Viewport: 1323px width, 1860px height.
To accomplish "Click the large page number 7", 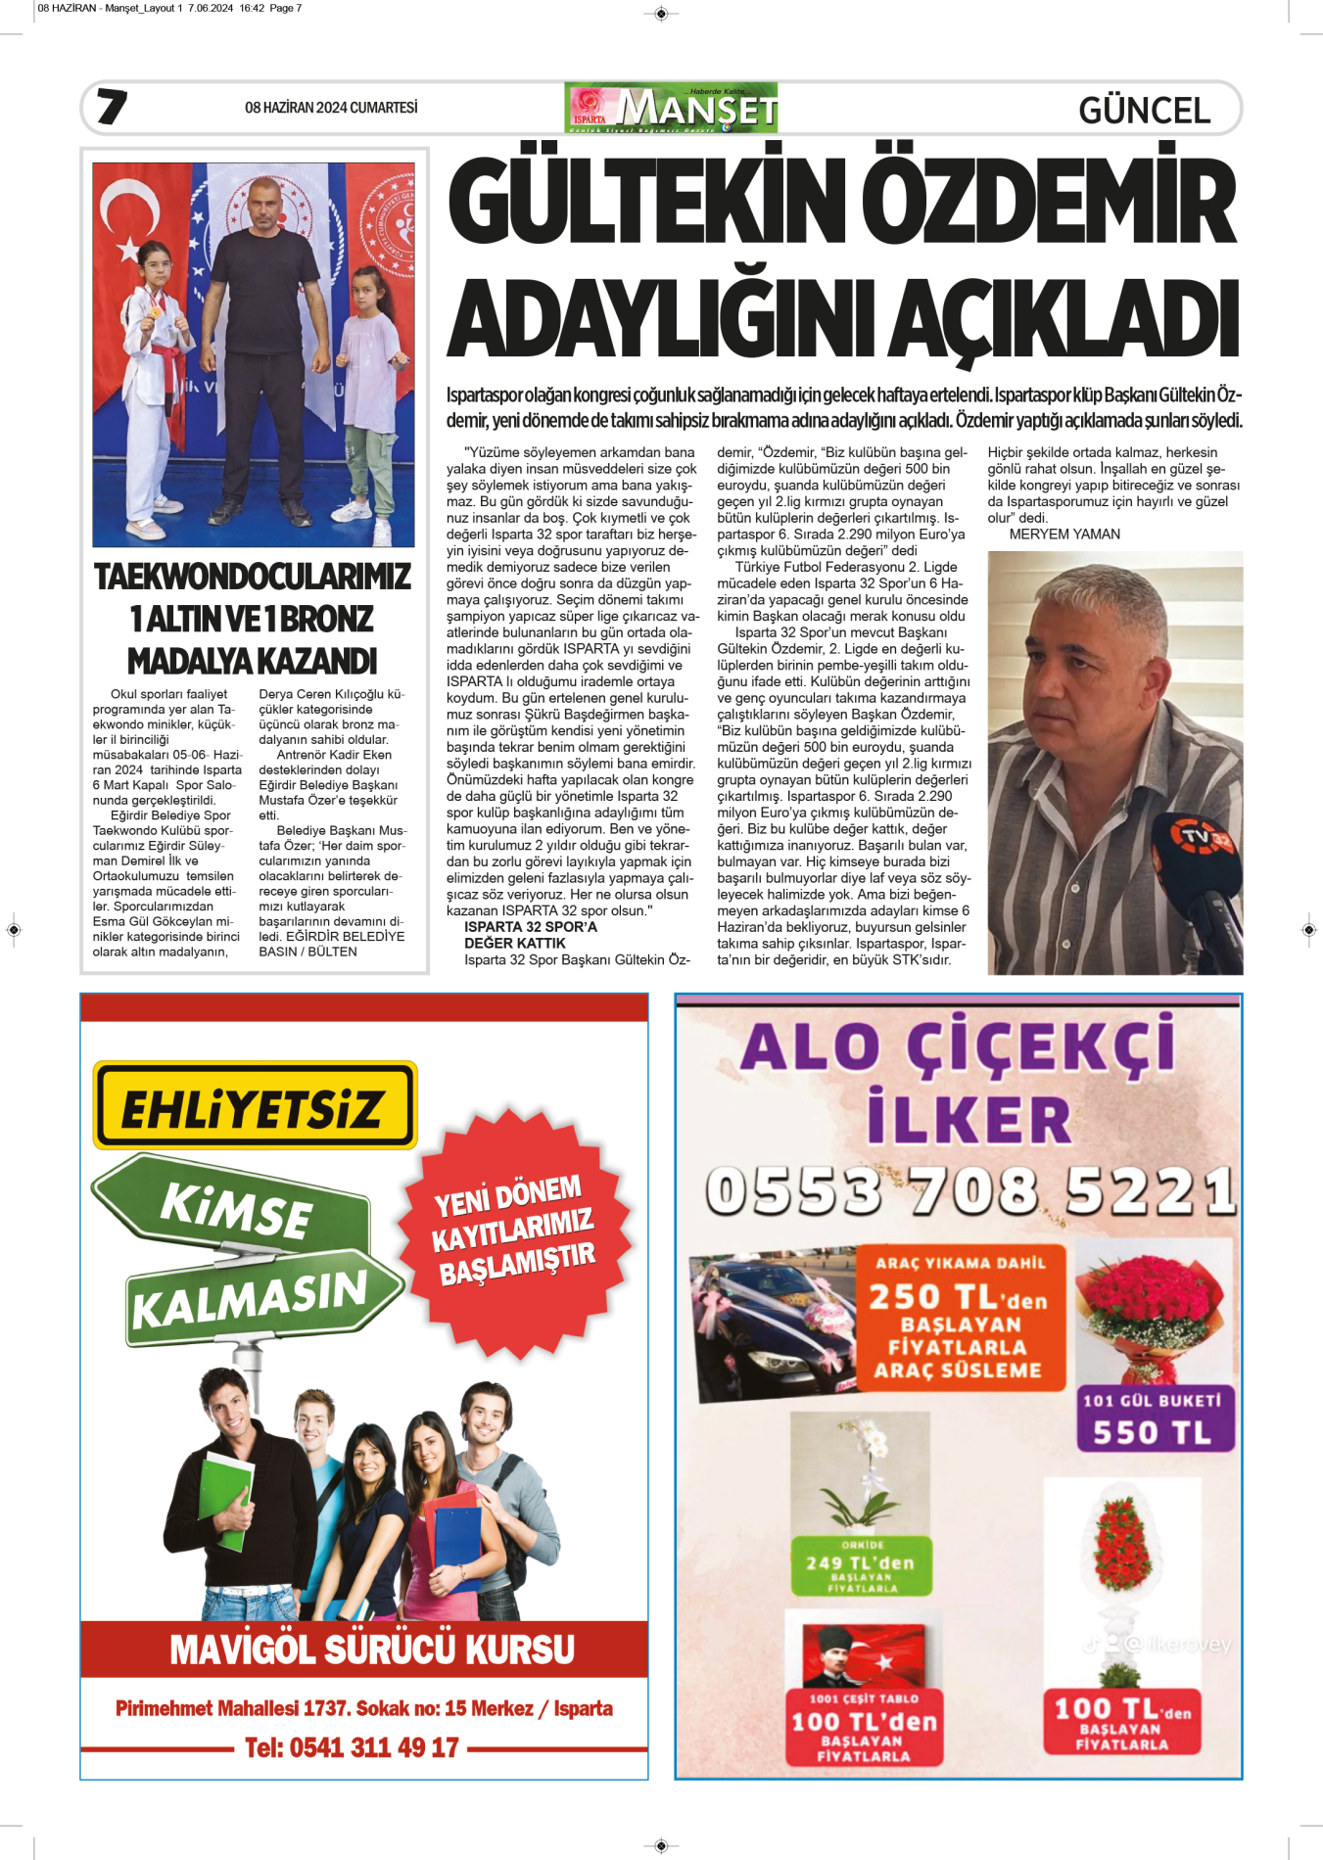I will pyautogui.click(x=112, y=107).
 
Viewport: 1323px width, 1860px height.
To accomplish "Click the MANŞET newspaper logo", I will pyautogui.click(x=672, y=108).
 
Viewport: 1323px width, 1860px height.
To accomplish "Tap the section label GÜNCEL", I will pyautogui.click(x=1144, y=110).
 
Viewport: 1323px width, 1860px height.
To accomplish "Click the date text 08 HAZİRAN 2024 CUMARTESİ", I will pyautogui.click(x=331, y=108).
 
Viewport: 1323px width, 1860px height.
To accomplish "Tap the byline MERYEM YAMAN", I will pyautogui.click(x=1064, y=535).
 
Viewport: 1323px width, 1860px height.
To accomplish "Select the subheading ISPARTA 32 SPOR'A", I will pyautogui.click(x=530, y=927).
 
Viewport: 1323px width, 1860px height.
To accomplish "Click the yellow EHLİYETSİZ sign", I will pyautogui.click(x=255, y=1106).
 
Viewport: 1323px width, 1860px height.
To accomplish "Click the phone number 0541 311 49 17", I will pyautogui.click(x=352, y=1747).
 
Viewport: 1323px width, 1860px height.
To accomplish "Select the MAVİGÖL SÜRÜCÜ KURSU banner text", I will pyautogui.click(x=372, y=1650).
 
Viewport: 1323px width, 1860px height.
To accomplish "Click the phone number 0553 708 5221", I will pyautogui.click(x=969, y=1191).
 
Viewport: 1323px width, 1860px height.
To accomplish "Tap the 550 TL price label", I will pyautogui.click(x=1152, y=1432).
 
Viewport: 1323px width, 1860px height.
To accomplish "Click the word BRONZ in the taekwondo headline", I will pyautogui.click(x=328, y=620).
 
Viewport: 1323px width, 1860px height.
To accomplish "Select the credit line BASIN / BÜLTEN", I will pyautogui.click(x=307, y=952).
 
